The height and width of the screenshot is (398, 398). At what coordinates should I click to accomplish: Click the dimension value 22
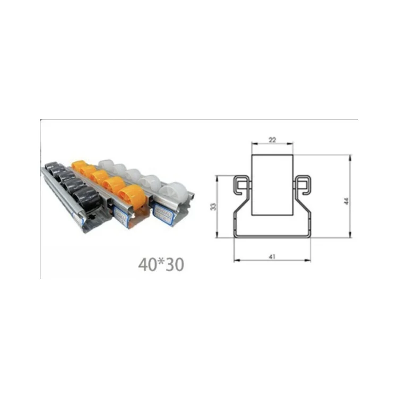(x=272, y=140)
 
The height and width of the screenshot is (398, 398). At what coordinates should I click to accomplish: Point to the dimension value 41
(x=272, y=256)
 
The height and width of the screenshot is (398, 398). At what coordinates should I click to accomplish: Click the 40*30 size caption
(x=161, y=264)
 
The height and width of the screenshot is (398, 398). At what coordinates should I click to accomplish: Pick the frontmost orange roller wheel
(x=132, y=197)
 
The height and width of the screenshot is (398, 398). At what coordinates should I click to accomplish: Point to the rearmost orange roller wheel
(x=79, y=165)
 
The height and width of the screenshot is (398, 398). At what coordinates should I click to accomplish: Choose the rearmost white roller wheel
(x=106, y=165)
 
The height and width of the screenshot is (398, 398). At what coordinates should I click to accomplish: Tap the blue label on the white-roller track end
(x=163, y=214)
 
